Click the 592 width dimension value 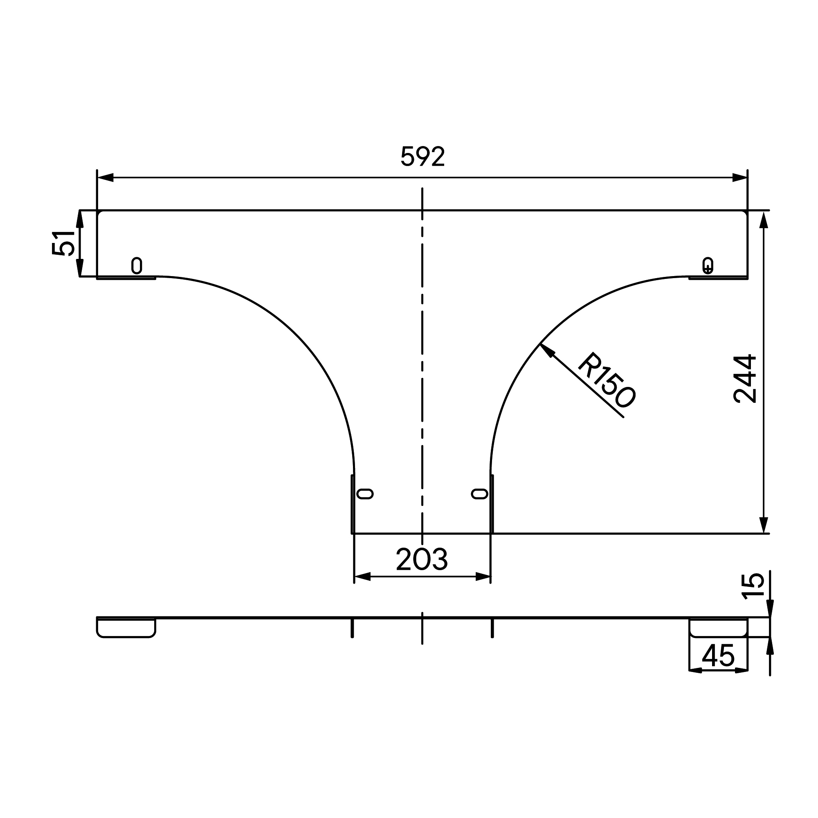click(x=422, y=156)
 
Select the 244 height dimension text click(x=744, y=378)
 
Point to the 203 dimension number click(x=422, y=559)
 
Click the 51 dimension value click(x=63, y=243)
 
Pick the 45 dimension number click(x=718, y=656)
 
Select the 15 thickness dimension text click(x=753, y=586)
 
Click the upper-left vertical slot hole click(x=136, y=265)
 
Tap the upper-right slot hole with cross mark click(x=708, y=265)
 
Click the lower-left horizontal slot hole click(x=365, y=494)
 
